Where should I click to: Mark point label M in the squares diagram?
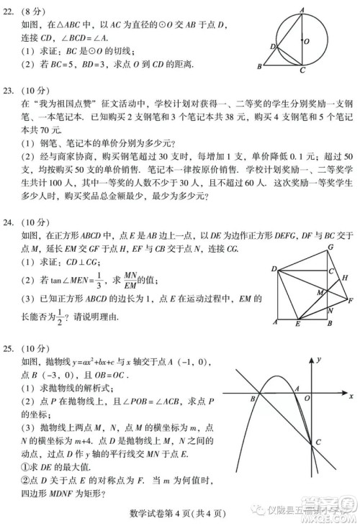[x=320, y=293]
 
